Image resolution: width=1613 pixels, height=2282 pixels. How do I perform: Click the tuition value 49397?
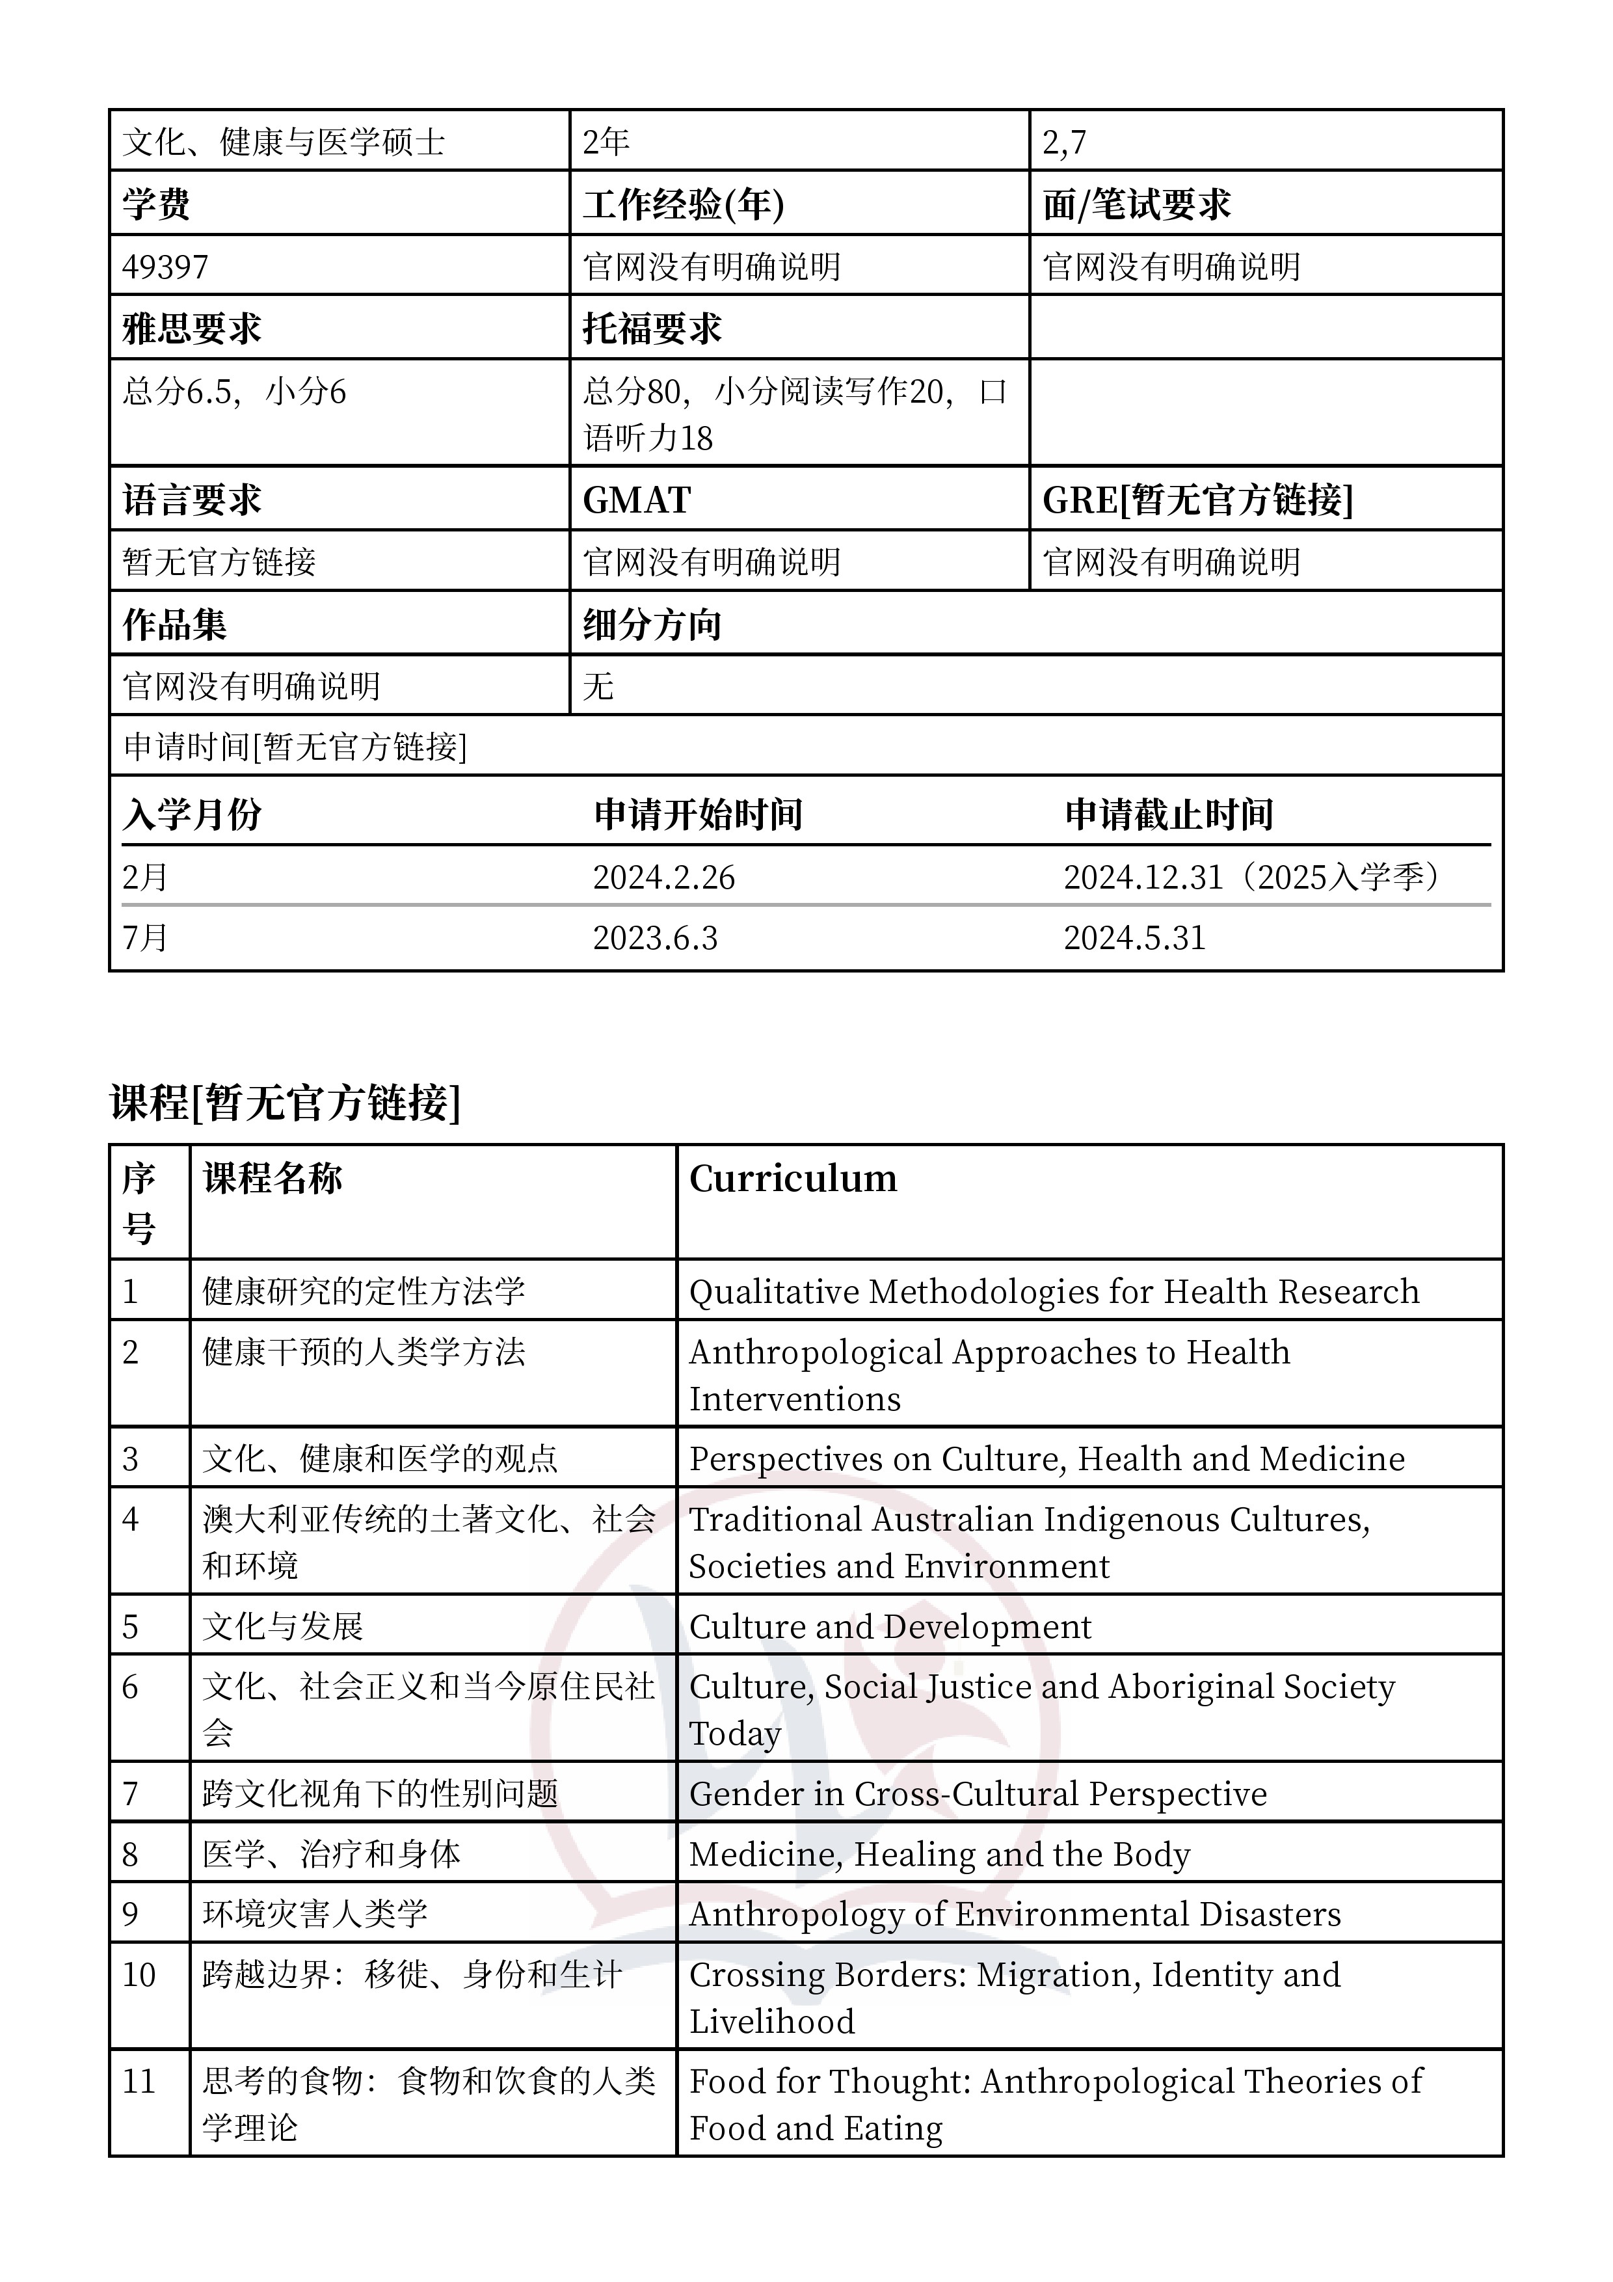tap(166, 266)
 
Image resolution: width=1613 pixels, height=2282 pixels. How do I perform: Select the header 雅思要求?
tap(192, 328)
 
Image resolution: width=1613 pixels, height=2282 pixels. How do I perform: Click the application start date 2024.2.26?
tap(664, 877)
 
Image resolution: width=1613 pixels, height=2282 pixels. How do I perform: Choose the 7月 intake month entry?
tap(145, 937)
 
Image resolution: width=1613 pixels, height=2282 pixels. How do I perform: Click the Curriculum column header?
tap(793, 1179)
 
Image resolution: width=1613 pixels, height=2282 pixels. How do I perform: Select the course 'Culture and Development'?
tap(890, 1626)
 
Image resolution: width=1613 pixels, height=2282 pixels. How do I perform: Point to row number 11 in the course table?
tap(139, 2080)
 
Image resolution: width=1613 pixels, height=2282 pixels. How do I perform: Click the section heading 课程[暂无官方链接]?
tap(286, 1102)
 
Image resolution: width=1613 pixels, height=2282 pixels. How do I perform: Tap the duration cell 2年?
tap(606, 142)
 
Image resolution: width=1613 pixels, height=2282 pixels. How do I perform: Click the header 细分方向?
tap(652, 624)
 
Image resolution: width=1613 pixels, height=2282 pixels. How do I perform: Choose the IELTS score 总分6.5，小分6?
tap(235, 392)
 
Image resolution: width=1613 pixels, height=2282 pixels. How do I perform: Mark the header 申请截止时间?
tap(1169, 814)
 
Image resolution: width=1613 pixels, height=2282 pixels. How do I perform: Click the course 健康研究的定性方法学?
tap(364, 1291)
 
